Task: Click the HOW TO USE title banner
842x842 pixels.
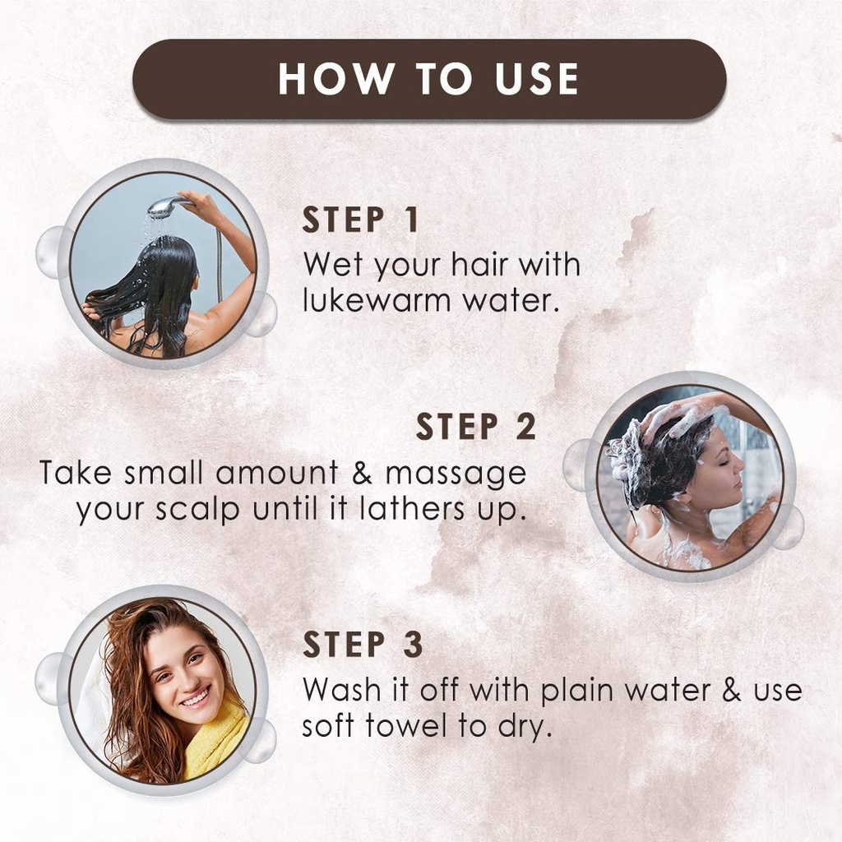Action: [428, 79]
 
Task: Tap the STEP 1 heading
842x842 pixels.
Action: [361, 220]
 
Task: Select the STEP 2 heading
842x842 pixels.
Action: [475, 428]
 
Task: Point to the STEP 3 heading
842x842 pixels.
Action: [363, 645]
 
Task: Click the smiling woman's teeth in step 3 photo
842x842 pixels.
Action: [195, 699]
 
